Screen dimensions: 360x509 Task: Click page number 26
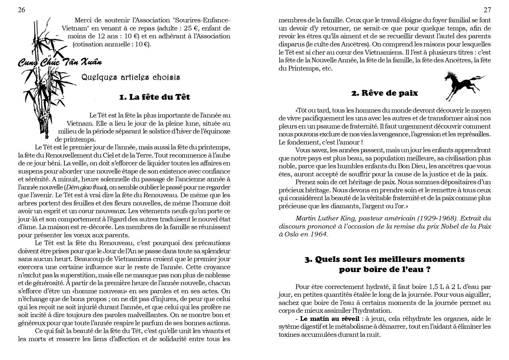tap(21, 10)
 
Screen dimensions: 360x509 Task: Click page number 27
tap(487, 10)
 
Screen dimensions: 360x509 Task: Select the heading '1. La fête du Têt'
tap(154, 97)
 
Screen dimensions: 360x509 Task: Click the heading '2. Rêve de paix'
tap(385, 93)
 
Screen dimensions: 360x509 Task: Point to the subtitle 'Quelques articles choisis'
tap(131, 77)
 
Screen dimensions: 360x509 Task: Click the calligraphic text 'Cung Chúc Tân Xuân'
tap(60, 62)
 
